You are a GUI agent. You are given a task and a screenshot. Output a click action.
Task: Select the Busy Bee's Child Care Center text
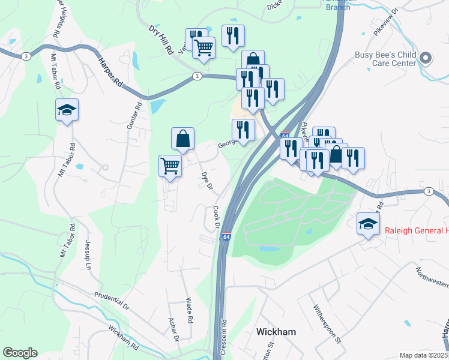385,58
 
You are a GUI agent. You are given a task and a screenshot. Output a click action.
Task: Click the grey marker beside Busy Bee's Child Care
426,58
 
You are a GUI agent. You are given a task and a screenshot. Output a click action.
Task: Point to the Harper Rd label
110,72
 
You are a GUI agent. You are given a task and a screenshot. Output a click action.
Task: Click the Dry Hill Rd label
161,41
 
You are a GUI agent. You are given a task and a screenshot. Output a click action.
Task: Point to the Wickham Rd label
124,338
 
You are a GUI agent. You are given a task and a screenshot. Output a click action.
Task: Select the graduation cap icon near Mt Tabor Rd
67,110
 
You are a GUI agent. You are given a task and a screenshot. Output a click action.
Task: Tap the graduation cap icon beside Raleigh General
368,224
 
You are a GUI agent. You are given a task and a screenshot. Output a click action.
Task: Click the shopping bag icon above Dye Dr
182,139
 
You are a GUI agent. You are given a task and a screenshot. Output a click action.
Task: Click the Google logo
20,353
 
